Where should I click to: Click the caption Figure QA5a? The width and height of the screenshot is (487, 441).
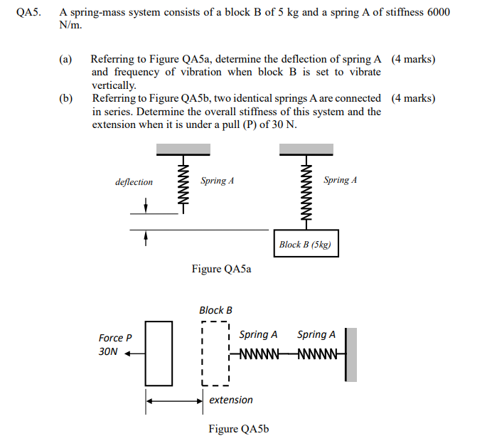(221, 270)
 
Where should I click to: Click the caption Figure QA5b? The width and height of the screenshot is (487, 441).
(238, 428)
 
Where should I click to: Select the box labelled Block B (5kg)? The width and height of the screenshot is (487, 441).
(306, 244)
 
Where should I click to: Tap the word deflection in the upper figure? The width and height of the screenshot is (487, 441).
(134, 182)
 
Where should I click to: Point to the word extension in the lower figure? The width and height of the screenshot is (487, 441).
(230, 400)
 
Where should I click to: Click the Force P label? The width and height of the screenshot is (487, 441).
(115, 338)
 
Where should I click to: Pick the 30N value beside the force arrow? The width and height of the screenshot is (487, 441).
(108, 352)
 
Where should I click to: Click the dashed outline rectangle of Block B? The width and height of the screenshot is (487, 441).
(216, 353)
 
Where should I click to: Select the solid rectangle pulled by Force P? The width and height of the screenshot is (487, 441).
(159, 353)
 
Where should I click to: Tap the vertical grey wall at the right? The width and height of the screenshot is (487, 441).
(351, 353)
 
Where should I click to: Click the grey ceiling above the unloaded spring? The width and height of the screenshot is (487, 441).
(183, 148)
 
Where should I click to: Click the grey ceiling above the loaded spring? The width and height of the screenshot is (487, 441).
(306, 148)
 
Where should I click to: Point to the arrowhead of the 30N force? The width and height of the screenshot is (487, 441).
(129, 352)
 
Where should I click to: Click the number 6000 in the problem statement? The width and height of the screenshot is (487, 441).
(439, 13)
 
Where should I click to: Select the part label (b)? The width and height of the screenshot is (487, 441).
(65, 98)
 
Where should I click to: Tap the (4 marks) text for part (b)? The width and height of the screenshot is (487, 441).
(414, 98)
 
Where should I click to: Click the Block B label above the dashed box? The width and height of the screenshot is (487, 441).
(215, 310)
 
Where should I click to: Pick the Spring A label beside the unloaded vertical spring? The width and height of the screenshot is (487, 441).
(218, 181)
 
